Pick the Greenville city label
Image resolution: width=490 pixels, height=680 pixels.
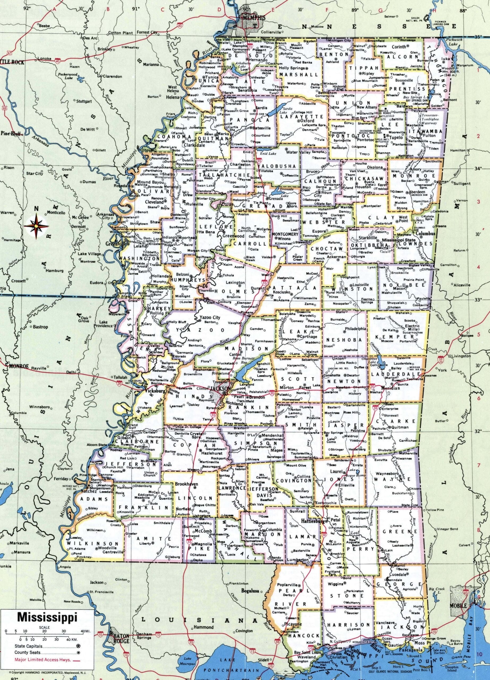coord(116,244)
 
